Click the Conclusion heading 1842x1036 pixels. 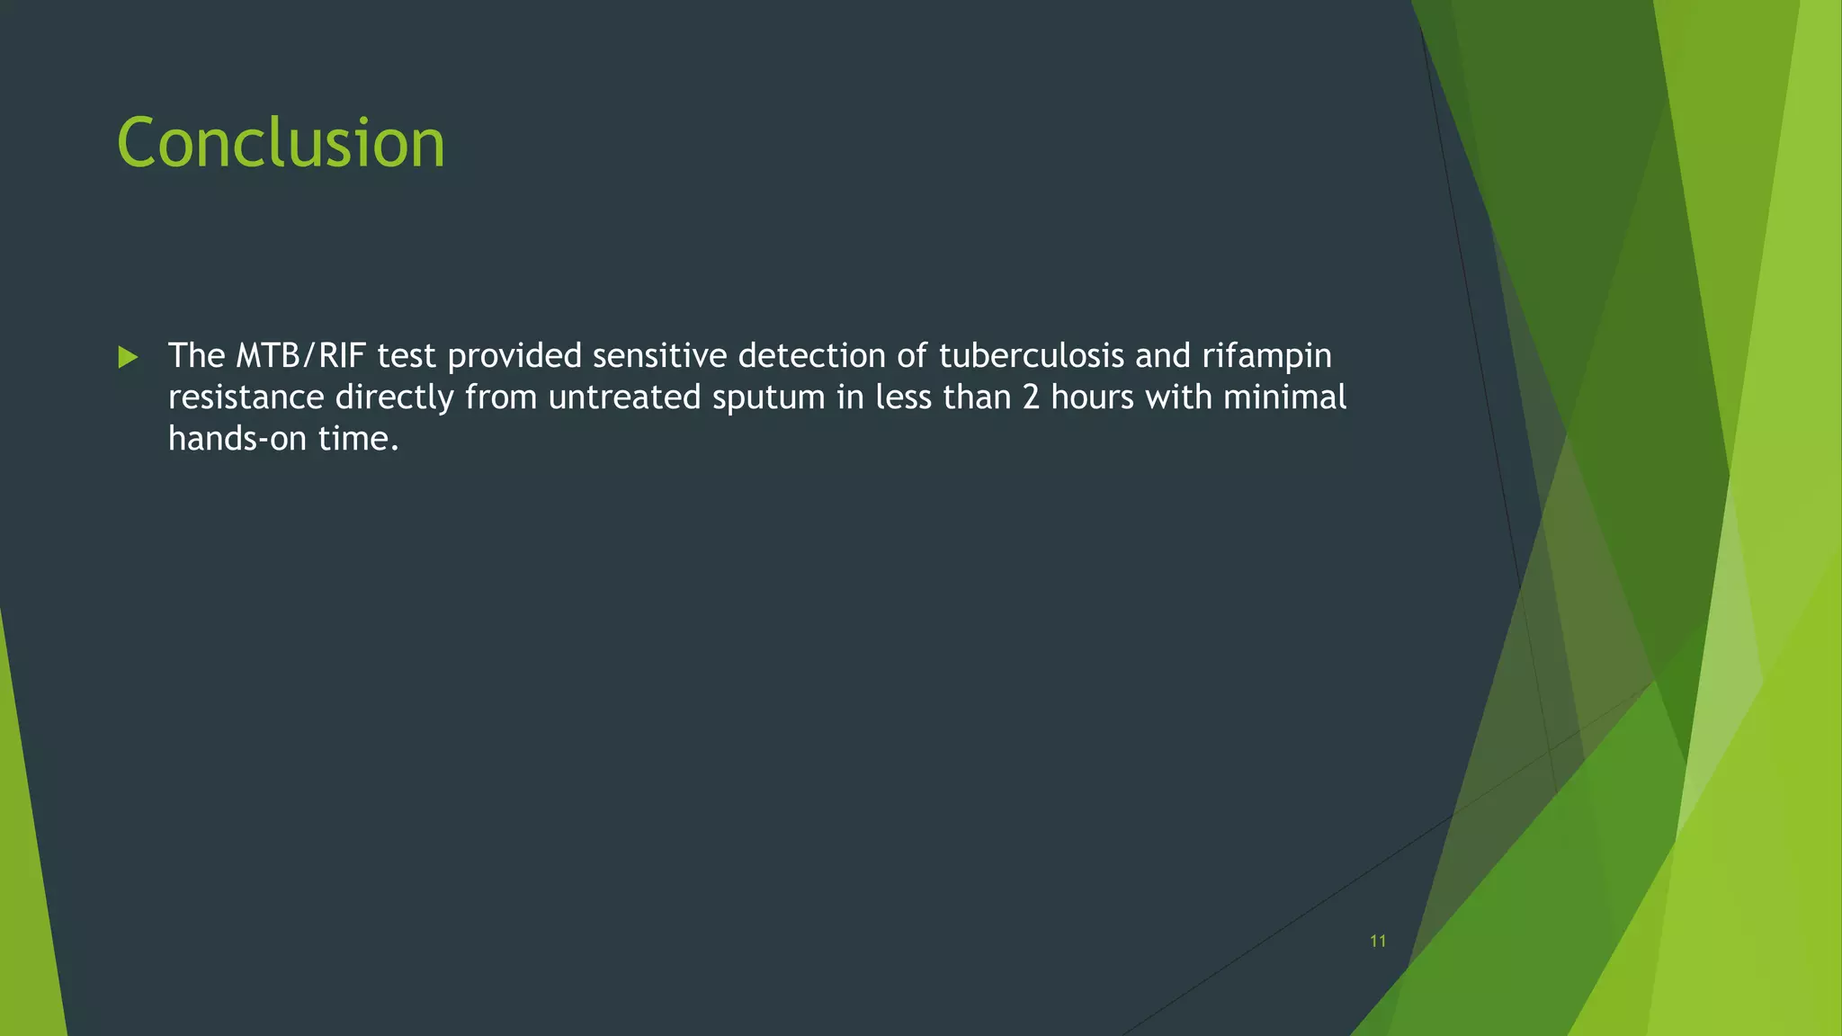[281, 143]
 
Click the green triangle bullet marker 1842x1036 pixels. [128, 358]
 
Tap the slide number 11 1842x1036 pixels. [1377, 942]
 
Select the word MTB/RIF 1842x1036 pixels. [300, 356]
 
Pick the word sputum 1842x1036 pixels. [768, 397]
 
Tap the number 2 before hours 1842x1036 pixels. [1031, 397]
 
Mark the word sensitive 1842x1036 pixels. [659, 356]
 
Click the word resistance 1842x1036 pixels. [246, 397]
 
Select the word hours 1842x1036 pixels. [1092, 397]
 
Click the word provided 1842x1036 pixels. [514, 356]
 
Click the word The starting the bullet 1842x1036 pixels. [196, 356]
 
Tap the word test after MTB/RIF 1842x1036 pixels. [407, 356]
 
